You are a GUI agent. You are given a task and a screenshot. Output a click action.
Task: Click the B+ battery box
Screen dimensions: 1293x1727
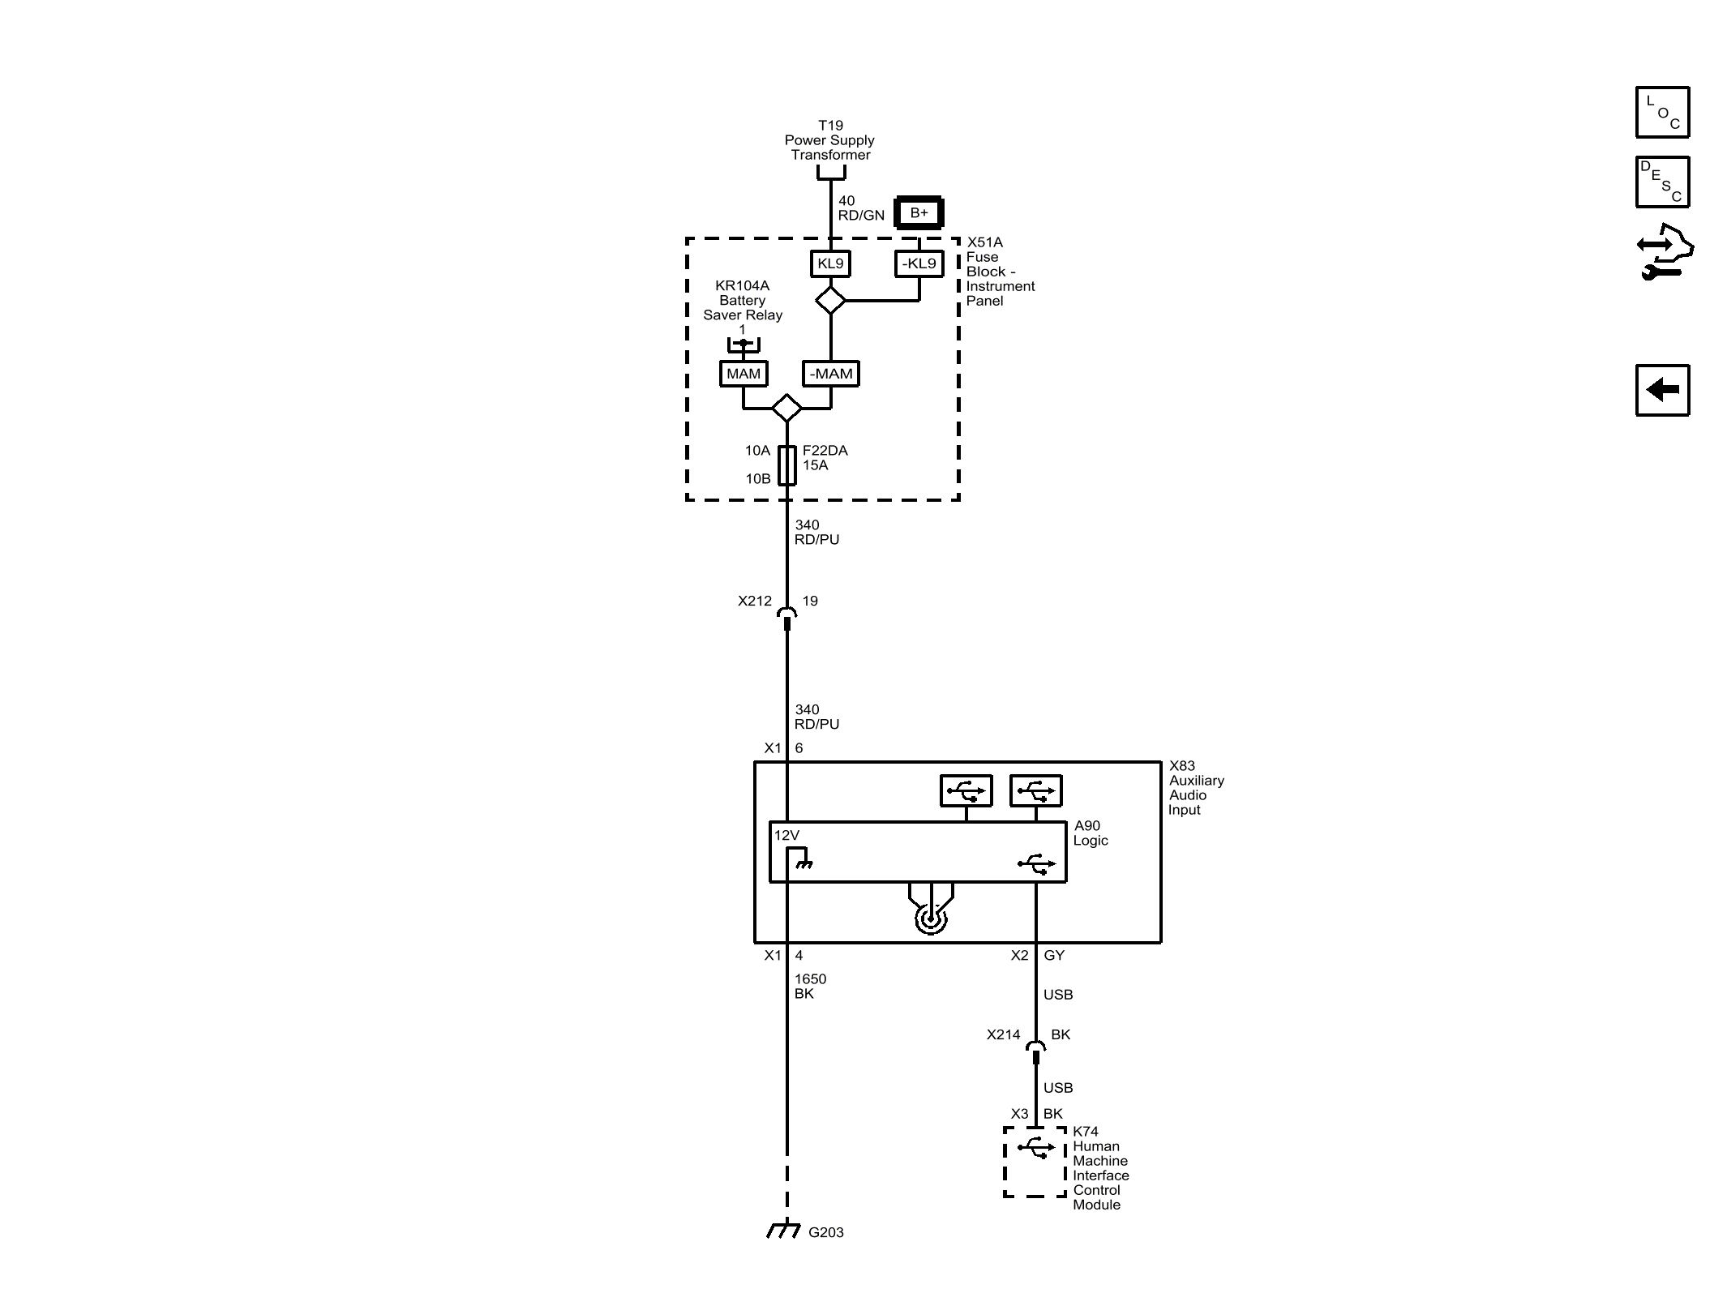click(919, 213)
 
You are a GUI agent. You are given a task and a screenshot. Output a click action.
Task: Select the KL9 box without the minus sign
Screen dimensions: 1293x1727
click(830, 263)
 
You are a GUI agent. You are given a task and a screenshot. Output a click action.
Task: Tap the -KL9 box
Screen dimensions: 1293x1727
click(919, 263)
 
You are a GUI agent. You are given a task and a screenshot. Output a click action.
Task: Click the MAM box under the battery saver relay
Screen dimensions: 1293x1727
click(744, 374)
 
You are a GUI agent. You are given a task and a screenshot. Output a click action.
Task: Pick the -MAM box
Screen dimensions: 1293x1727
click(831, 374)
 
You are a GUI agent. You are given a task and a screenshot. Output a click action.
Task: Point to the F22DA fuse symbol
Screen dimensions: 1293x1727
click(786, 465)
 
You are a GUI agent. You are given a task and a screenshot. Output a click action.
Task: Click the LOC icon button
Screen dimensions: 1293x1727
click(1662, 112)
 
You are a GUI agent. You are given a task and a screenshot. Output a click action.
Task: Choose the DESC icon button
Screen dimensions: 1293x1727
click(1662, 182)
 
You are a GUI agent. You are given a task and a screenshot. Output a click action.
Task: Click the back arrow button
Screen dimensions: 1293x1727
click(1662, 390)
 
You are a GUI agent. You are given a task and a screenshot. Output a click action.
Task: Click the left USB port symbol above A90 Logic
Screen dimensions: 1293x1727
click(966, 790)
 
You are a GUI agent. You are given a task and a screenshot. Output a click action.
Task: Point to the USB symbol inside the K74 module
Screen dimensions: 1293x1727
click(1035, 1148)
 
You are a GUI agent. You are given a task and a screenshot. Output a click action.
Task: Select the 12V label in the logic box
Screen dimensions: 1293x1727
click(786, 836)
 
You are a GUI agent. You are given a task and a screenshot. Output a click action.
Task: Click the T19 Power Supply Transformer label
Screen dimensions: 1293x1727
click(830, 140)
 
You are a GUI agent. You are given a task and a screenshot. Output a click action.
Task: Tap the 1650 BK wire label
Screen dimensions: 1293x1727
click(809, 986)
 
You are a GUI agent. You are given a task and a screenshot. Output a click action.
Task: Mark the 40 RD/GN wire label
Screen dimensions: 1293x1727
click(860, 208)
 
